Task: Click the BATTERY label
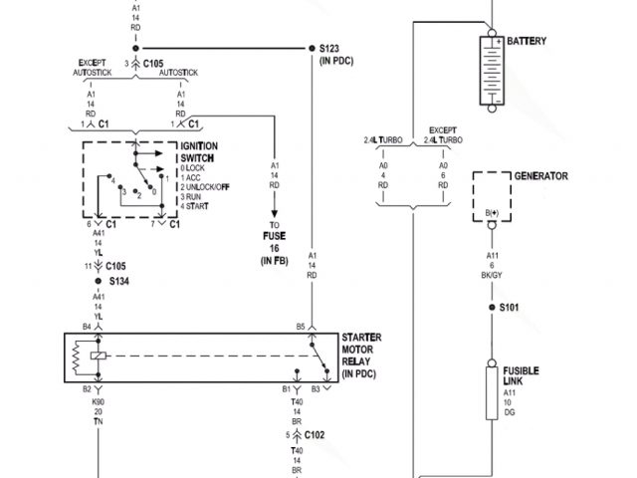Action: tap(528, 41)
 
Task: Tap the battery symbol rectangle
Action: tap(491, 71)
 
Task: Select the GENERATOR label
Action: tap(540, 176)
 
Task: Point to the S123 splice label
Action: tap(330, 48)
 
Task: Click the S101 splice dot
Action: tap(491, 308)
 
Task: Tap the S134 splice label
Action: tap(120, 282)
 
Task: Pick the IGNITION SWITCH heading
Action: tap(199, 152)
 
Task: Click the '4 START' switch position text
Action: tap(198, 206)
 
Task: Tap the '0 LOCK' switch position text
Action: tap(196, 168)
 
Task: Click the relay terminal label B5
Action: tap(300, 327)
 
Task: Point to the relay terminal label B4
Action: tap(87, 327)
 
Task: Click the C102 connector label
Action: tap(315, 434)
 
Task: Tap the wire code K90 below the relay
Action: tap(99, 401)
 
